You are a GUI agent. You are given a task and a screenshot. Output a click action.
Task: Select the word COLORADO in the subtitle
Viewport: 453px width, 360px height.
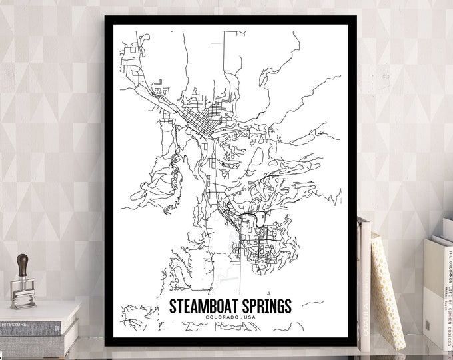coord(222,319)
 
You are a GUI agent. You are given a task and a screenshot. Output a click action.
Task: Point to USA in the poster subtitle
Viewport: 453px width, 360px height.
coord(248,319)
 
